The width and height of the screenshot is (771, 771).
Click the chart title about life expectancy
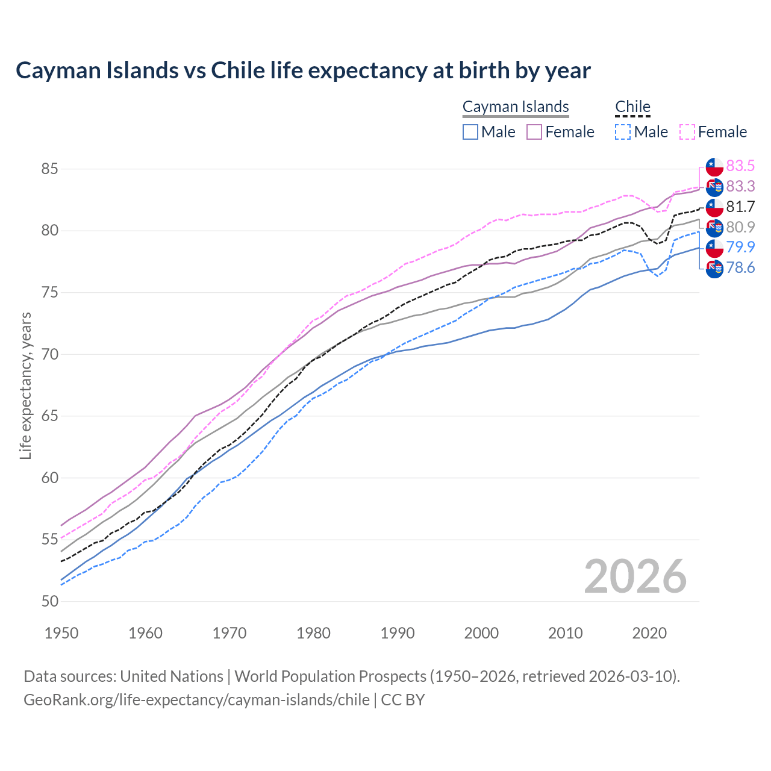pyautogui.click(x=303, y=70)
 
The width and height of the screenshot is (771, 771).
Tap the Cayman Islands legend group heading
pyautogui.click(x=516, y=107)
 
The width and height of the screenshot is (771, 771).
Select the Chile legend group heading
pyautogui.click(x=632, y=107)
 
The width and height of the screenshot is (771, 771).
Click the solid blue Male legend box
pyautogui.click(x=470, y=132)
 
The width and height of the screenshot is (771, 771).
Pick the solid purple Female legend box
pyautogui.click(x=534, y=132)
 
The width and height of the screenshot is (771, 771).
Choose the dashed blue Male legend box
pyautogui.click(x=623, y=132)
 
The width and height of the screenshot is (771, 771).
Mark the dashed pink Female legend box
pyautogui.click(x=687, y=132)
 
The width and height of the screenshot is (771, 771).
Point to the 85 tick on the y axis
pyautogui.click(x=49, y=169)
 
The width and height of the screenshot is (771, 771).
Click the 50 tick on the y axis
pyautogui.click(x=49, y=601)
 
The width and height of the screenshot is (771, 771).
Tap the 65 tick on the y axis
pyautogui.click(x=49, y=416)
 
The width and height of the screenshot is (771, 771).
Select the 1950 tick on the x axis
pyautogui.click(x=62, y=633)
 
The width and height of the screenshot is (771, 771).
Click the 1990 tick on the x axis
pyautogui.click(x=398, y=633)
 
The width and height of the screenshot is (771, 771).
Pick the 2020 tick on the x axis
pyautogui.click(x=649, y=633)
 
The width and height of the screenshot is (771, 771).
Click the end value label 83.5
pyautogui.click(x=740, y=166)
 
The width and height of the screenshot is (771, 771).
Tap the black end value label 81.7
pyautogui.click(x=740, y=207)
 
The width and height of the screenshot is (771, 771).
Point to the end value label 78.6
pyautogui.click(x=740, y=267)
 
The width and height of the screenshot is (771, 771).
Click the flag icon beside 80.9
pyautogui.click(x=714, y=228)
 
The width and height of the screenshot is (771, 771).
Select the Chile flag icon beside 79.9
pyautogui.click(x=714, y=248)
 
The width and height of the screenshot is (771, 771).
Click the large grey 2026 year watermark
pyautogui.click(x=635, y=576)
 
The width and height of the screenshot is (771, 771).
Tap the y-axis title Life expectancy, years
pyautogui.click(x=26, y=385)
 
